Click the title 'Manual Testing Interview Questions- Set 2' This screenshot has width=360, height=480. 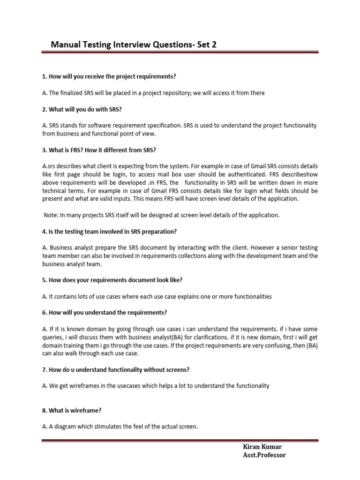(134, 45)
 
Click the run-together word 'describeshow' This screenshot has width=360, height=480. (300, 174)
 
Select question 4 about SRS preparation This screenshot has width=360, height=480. (109, 232)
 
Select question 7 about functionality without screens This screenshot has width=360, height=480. (116, 370)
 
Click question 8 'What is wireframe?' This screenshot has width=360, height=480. (72, 410)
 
